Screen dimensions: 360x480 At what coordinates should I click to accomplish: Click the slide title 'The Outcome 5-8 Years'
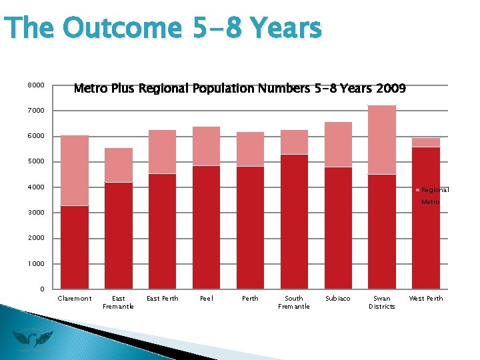(163, 29)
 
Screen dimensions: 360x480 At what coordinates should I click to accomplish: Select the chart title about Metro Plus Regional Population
(239, 88)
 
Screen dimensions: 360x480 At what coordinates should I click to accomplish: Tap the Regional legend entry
(434, 190)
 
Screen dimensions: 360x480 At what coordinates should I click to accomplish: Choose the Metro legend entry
(430, 201)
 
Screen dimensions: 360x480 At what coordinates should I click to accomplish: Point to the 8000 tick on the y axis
(36, 85)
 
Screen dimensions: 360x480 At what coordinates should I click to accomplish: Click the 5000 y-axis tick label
(36, 161)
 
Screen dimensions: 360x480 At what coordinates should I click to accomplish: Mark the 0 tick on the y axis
(41, 289)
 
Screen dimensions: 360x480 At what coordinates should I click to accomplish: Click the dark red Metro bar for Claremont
(75, 247)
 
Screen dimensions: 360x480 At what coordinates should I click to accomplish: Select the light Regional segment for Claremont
(75, 170)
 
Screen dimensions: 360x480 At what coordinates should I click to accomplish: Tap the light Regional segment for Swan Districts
(382, 139)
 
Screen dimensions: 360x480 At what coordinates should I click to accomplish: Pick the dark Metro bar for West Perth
(426, 217)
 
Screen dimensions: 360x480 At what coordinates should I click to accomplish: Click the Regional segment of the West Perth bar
(426, 142)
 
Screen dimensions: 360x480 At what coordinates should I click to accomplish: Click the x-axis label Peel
(207, 299)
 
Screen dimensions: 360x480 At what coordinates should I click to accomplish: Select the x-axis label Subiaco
(338, 299)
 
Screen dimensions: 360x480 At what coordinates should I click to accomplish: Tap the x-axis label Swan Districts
(382, 302)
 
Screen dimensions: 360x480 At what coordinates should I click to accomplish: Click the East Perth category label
(163, 299)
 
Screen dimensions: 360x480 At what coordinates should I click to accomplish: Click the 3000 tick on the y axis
(36, 213)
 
